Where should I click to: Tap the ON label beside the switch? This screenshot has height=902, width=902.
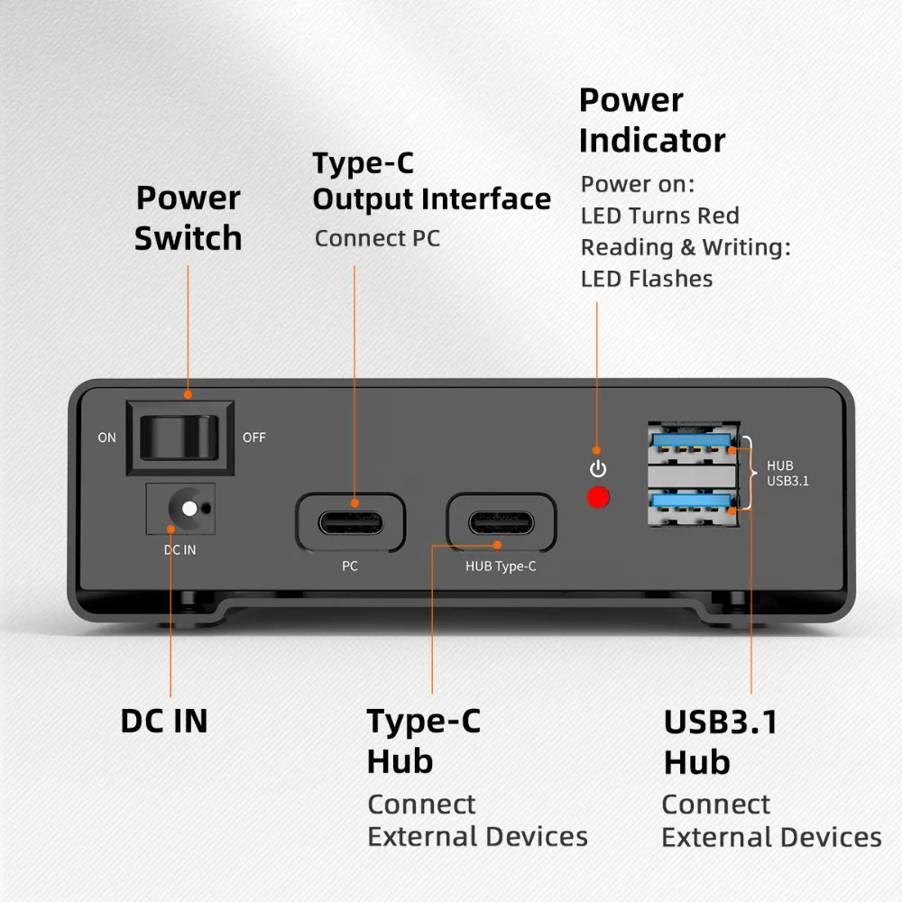point(107,438)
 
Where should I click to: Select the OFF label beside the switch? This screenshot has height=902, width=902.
point(254,438)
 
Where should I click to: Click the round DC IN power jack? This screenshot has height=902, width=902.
point(188,508)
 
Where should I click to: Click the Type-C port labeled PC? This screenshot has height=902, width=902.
point(351,522)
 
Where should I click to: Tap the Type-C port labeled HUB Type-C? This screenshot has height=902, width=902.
point(501,522)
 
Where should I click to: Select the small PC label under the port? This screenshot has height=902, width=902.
point(350,566)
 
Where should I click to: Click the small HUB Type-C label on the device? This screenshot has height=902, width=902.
point(501,567)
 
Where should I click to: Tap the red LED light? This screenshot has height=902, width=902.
point(597,497)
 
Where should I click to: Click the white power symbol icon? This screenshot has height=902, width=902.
point(597,469)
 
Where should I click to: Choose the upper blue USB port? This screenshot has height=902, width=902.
point(693,444)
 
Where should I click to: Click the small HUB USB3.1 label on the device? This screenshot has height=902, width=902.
point(787,474)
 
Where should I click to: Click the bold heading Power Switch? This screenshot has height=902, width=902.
point(188,217)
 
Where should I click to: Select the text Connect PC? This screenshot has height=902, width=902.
point(377,239)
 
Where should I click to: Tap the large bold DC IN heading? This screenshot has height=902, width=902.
point(164,721)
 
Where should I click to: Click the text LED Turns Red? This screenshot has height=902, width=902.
point(659,216)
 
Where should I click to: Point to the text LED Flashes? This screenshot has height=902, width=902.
point(646,279)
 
